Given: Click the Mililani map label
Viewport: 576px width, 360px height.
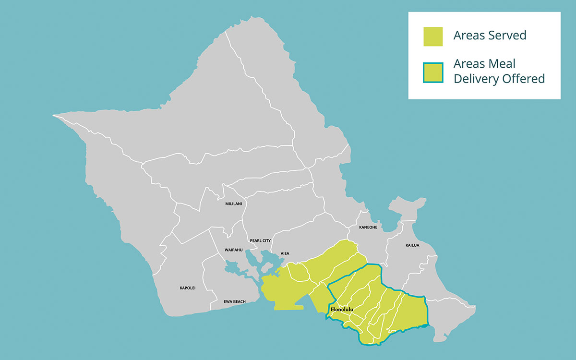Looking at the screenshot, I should (x=234, y=204).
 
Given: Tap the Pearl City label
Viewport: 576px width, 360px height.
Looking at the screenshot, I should (x=260, y=240).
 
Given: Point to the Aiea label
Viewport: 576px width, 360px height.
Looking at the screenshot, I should (x=285, y=253).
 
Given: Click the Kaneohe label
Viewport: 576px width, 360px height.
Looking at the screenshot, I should (x=368, y=227).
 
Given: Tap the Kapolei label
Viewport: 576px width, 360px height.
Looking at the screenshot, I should (x=188, y=288).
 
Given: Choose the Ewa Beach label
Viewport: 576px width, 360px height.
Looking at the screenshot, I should (x=235, y=301).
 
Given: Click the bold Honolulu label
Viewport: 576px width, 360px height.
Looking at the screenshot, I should (x=342, y=310).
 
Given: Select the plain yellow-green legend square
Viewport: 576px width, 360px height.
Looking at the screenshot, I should (x=433, y=36).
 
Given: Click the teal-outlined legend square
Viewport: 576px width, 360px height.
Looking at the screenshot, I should (x=433, y=72).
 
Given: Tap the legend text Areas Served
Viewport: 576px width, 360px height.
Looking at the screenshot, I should (x=490, y=35).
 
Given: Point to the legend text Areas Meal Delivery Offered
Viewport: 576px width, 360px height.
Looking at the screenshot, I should (x=499, y=72).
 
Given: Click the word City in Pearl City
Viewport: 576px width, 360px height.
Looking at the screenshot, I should (x=267, y=240).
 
